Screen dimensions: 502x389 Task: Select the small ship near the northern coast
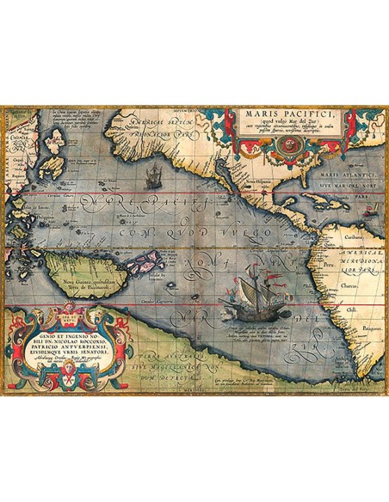154,178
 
